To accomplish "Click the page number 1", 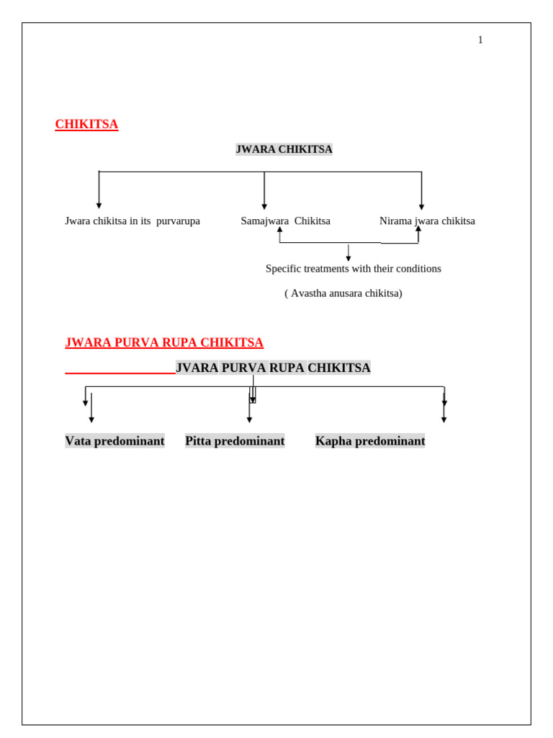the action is coord(480,40).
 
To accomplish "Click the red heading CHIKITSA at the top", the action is coord(86,124).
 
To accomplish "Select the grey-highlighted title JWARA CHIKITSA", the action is coord(284,149).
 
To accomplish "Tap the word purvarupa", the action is coord(179,221).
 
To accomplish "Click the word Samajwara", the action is coord(265,221).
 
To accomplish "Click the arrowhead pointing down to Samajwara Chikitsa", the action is coord(264,207).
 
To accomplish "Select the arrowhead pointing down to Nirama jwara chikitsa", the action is coord(421,207).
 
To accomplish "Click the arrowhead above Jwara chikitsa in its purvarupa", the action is coord(99,205).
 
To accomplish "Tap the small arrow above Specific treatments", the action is coord(349,253).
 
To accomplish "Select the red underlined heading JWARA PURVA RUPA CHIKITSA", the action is coord(164,342).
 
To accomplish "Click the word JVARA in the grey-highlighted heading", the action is coord(197,368).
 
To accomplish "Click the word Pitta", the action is coord(198,441).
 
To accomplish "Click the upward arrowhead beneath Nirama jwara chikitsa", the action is coord(418,228).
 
